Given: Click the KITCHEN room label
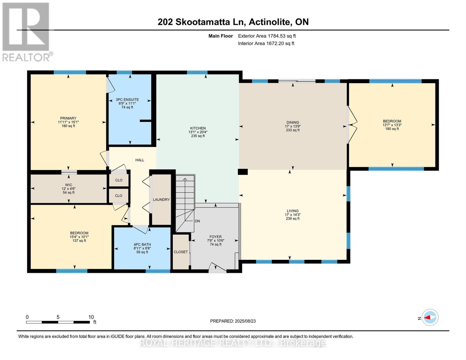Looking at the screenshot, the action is pos(198,128).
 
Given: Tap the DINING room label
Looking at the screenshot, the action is pos(293,123).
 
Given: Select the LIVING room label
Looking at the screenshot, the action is pos(293,211).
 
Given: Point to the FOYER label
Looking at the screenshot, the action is pos(215,237).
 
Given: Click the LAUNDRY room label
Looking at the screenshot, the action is pos(161,199).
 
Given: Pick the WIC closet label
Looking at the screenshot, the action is pos(69,185).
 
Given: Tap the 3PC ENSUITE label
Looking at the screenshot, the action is pos(127,100).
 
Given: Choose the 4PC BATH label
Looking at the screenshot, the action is pos(142,244).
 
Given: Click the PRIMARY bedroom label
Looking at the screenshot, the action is pos(68,118).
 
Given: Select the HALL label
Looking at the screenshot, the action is pos(140,160).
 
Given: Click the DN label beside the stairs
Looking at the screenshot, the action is pos(197,221).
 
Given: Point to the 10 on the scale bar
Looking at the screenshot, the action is pos(91,317).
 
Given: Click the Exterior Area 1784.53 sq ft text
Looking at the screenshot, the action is pos(267,36).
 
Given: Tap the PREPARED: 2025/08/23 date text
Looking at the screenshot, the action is pos(233,321).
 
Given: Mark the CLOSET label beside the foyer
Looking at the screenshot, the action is pos(181,252).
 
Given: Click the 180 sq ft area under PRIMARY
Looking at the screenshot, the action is pos(68,126).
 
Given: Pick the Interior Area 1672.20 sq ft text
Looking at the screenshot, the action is pos(266,43).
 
